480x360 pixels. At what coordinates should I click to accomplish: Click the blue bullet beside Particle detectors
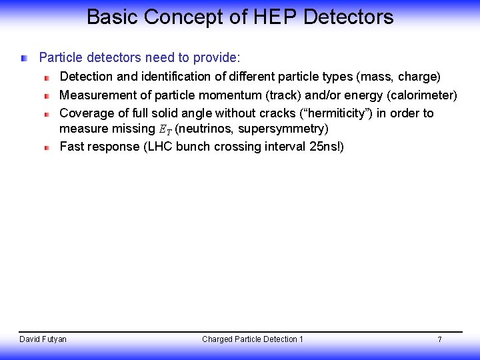click(25, 59)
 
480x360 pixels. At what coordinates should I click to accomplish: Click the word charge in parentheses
click(419, 77)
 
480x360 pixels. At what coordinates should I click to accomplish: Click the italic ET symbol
click(165, 129)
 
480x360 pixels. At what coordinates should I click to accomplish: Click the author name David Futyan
click(43, 339)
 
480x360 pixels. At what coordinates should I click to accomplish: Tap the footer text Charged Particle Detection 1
click(252, 339)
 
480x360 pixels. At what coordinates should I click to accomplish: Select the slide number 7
click(439, 339)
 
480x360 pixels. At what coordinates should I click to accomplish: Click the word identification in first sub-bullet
click(178, 77)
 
